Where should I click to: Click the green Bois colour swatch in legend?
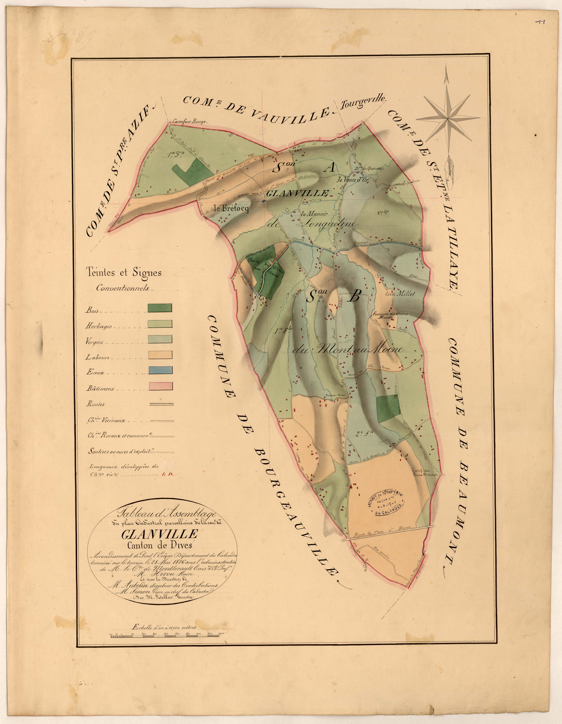pyautogui.click(x=159, y=308)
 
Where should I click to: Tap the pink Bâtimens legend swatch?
pyautogui.click(x=159, y=386)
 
